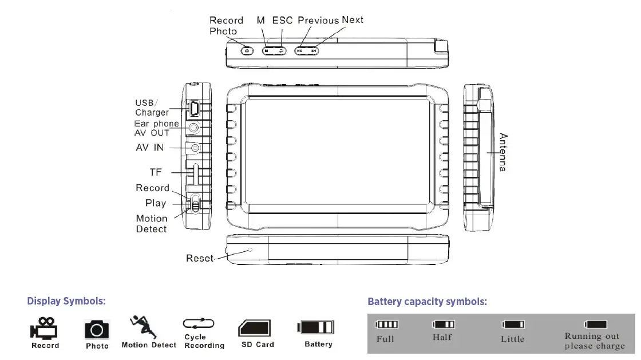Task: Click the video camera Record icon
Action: point(44,328)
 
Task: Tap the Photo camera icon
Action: point(97,329)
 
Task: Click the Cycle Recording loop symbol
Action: point(199,323)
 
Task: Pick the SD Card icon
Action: point(255,329)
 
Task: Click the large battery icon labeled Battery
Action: point(315,327)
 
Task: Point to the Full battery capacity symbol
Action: point(387,325)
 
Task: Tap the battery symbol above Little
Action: point(513,325)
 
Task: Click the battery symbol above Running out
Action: point(595,325)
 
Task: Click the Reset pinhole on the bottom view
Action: point(250,250)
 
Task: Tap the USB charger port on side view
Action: point(194,107)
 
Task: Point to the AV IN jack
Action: point(196,148)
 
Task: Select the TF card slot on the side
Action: point(195,174)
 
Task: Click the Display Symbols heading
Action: point(66,301)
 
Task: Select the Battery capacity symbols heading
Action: point(427,302)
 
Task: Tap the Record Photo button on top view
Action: point(247,50)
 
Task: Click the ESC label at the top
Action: point(282,20)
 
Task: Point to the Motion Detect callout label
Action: point(152,224)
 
